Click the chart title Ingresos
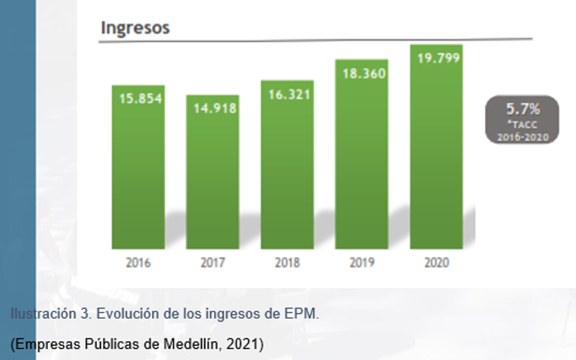coord(135,28)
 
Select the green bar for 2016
coord(138,174)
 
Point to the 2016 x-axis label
coord(138,263)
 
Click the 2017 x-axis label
coord(212,263)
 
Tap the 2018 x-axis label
coord(287,263)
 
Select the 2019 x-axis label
coord(361,263)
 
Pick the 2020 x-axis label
coord(436,263)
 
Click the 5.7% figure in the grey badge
coord(522,109)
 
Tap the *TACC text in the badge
coord(522,125)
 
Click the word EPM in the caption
coord(304,314)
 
